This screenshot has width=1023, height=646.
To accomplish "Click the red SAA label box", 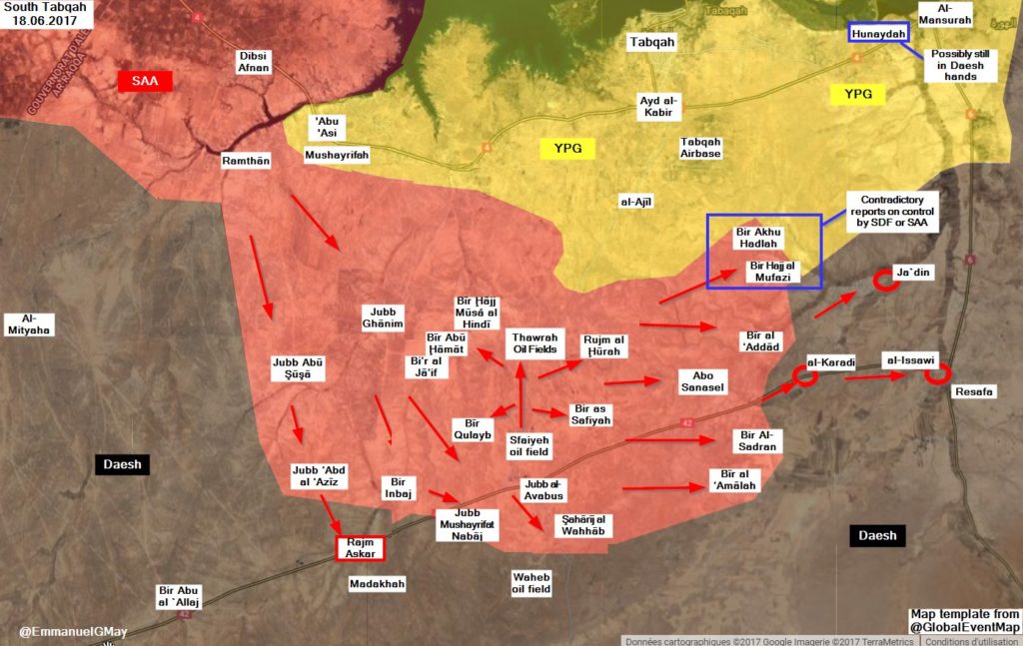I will [x=145, y=81].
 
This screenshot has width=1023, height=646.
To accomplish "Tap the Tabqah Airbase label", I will [x=700, y=148].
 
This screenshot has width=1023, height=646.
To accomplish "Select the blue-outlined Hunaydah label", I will [x=878, y=33].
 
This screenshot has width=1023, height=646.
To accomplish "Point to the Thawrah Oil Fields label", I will [x=532, y=342].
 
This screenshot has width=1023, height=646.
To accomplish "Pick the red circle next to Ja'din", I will [x=884, y=281].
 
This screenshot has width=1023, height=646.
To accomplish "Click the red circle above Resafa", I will [x=936, y=374].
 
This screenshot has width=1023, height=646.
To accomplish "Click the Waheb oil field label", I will [x=531, y=583].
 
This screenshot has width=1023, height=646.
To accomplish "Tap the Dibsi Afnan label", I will [x=253, y=62].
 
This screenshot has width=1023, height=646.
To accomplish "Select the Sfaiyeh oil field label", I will [x=528, y=444].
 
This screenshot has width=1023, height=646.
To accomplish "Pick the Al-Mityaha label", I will [x=29, y=323].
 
